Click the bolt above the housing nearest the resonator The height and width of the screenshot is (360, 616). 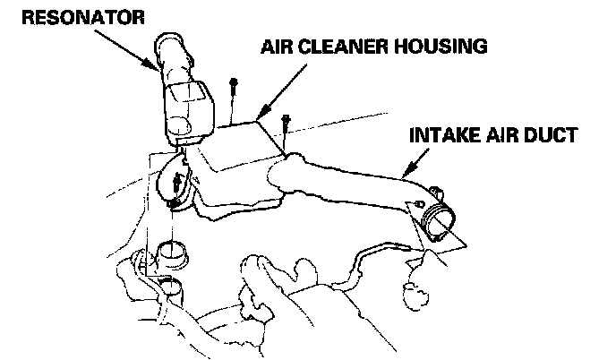tap(232, 90)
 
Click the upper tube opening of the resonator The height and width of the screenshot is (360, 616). tap(172, 44)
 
